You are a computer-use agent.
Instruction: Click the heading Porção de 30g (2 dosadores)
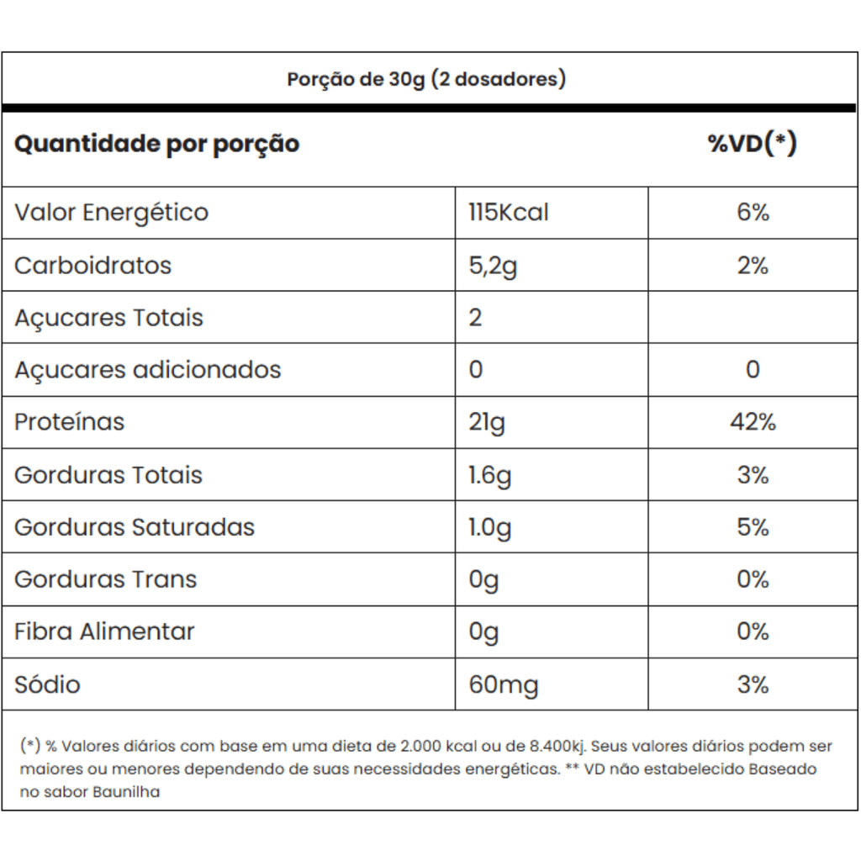point(426,79)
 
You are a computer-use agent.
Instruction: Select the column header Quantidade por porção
point(156,144)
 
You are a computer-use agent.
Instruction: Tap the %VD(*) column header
point(752,144)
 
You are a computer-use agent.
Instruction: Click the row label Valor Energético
point(111,212)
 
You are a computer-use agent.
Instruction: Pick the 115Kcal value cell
point(508,212)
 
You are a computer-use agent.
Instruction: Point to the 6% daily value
point(753,212)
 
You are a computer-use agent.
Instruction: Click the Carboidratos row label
point(92,265)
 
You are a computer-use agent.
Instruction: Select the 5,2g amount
point(493,267)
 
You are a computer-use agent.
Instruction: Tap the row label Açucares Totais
point(108,318)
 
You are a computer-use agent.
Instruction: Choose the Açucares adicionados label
point(147,370)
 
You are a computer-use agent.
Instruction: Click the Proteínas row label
point(69,422)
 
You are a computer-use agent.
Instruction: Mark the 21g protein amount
point(486,423)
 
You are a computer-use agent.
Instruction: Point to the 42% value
point(753,422)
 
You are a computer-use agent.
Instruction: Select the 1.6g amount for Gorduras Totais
point(489,476)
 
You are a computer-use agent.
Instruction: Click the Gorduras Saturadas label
point(134,527)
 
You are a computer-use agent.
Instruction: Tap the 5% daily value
point(753,527)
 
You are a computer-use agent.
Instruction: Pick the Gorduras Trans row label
point(105,579)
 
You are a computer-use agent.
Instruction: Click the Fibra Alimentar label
point(104,631)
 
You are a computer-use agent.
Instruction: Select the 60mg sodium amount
point(503,685)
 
